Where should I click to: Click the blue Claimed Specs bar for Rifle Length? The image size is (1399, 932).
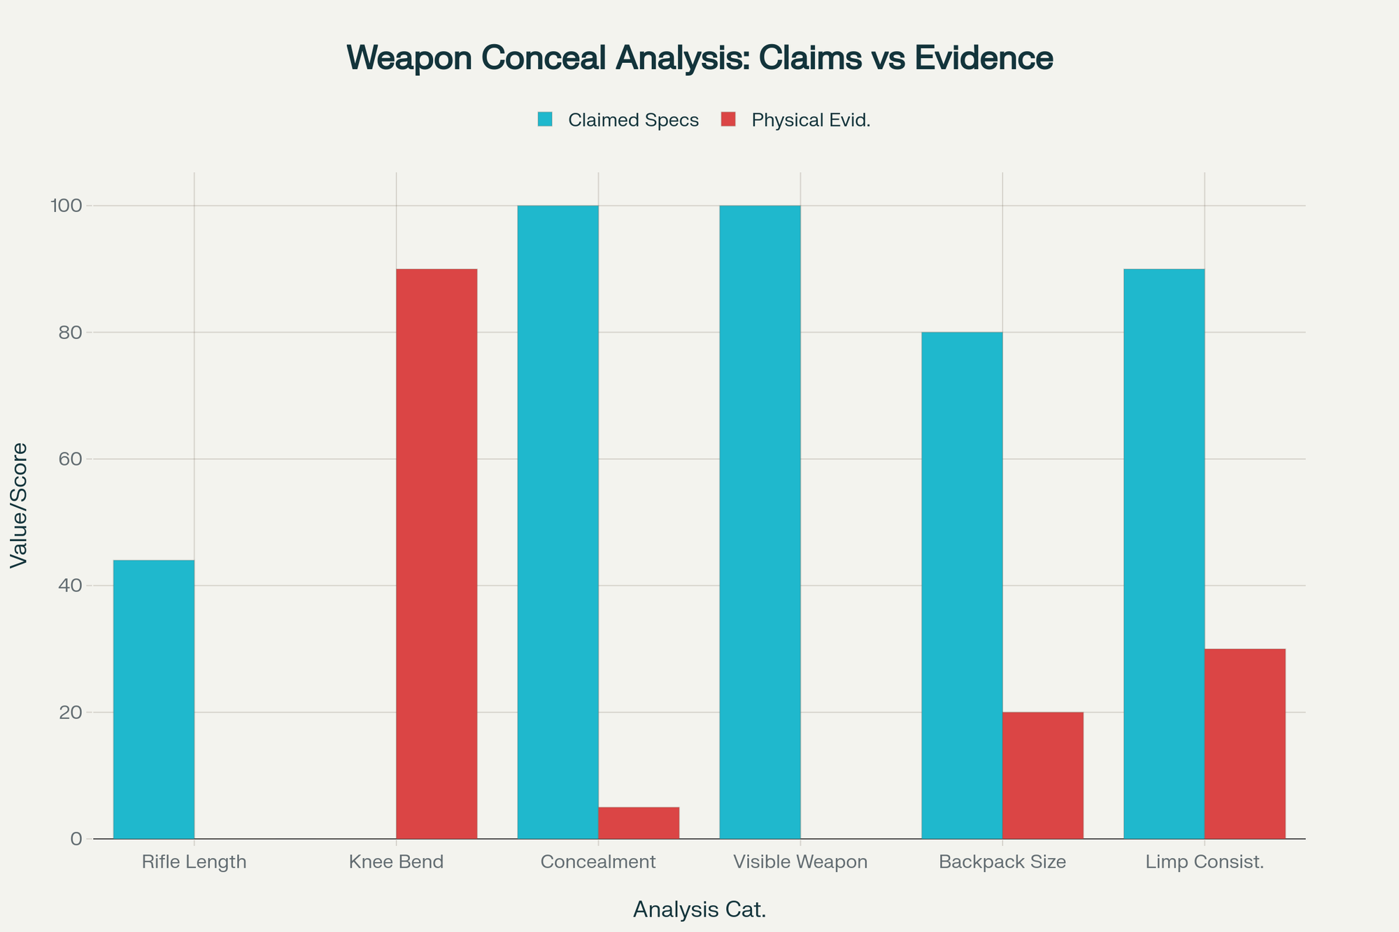[x=154, y=699]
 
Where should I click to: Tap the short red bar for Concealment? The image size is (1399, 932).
[x=639, y=823]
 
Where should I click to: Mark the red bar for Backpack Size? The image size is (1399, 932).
[x=1043, y=775]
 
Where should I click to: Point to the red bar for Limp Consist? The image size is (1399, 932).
[x=1245, y=744]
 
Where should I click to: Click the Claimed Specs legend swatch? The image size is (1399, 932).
[x=545, y=120]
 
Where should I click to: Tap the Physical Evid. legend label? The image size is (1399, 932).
[x=811, y=120]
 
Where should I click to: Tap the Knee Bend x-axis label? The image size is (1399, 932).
[x=396, y=861]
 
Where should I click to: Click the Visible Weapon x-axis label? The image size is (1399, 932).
[x=800, y=861]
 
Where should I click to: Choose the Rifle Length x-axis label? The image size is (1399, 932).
[x=194, y=861]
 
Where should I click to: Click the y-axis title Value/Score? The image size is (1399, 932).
[x=20, y=506]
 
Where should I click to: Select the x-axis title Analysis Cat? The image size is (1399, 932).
[x=699, y=910]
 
